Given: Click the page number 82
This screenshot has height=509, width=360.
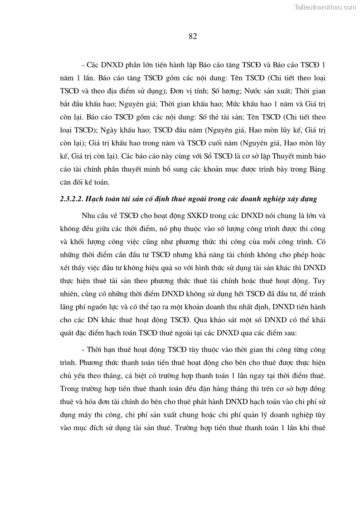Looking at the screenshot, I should [192, 37].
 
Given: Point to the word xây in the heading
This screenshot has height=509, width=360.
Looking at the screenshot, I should [295, 199].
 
